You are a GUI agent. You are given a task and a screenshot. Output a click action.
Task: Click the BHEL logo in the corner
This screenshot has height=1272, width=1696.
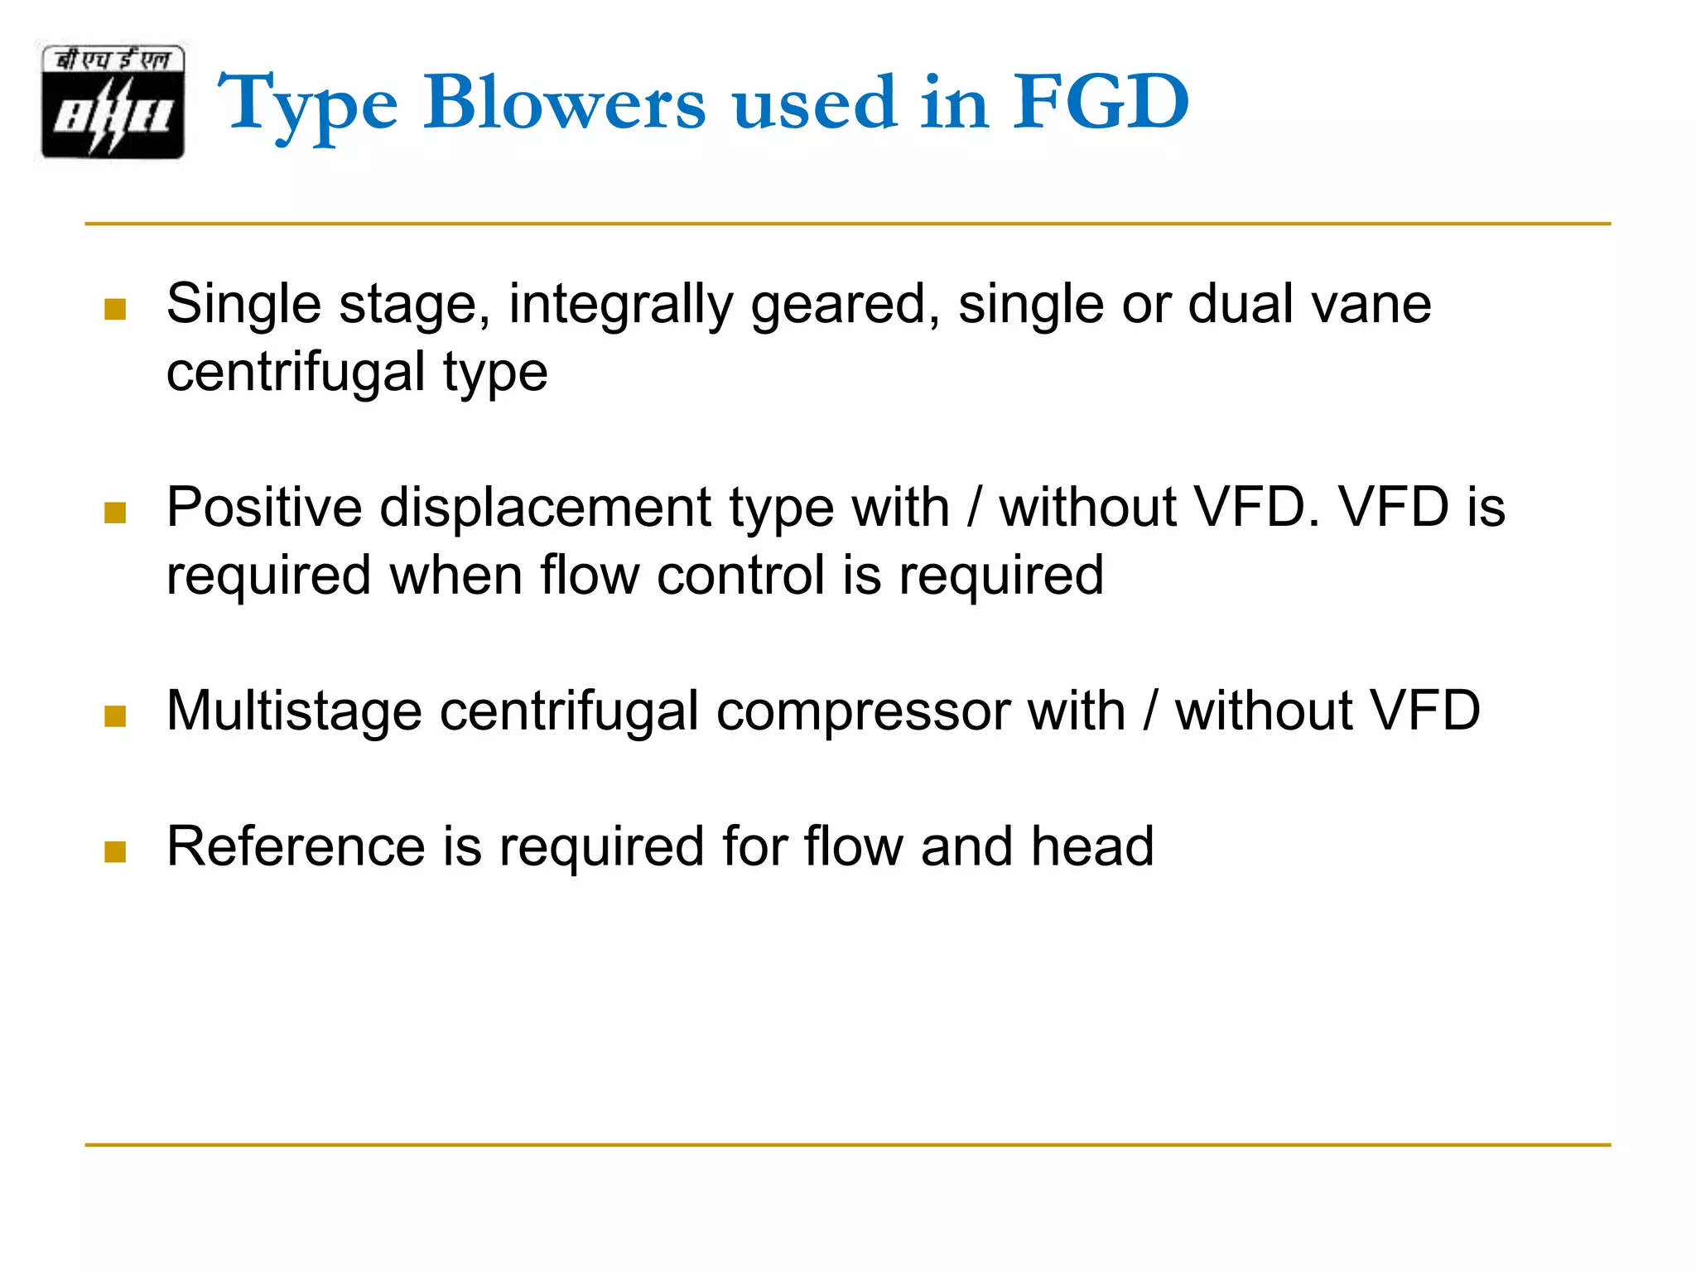(113, 101)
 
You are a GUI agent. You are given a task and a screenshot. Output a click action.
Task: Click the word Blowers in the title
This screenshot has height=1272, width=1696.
(565, 103)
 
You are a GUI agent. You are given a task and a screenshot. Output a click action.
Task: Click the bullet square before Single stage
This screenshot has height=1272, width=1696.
(115, 310)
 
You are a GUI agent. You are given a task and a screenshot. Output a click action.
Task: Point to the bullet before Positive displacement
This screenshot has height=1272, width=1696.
(115, 513)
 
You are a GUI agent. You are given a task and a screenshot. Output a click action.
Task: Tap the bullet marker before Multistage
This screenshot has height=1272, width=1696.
(115, 716)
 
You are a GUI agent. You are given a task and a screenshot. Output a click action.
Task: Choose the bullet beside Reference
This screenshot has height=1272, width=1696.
(115, 852)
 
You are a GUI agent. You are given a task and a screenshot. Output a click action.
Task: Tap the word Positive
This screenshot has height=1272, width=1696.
(264, 507)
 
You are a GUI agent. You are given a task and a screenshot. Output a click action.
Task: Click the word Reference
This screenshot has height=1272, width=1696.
(296, 847)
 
